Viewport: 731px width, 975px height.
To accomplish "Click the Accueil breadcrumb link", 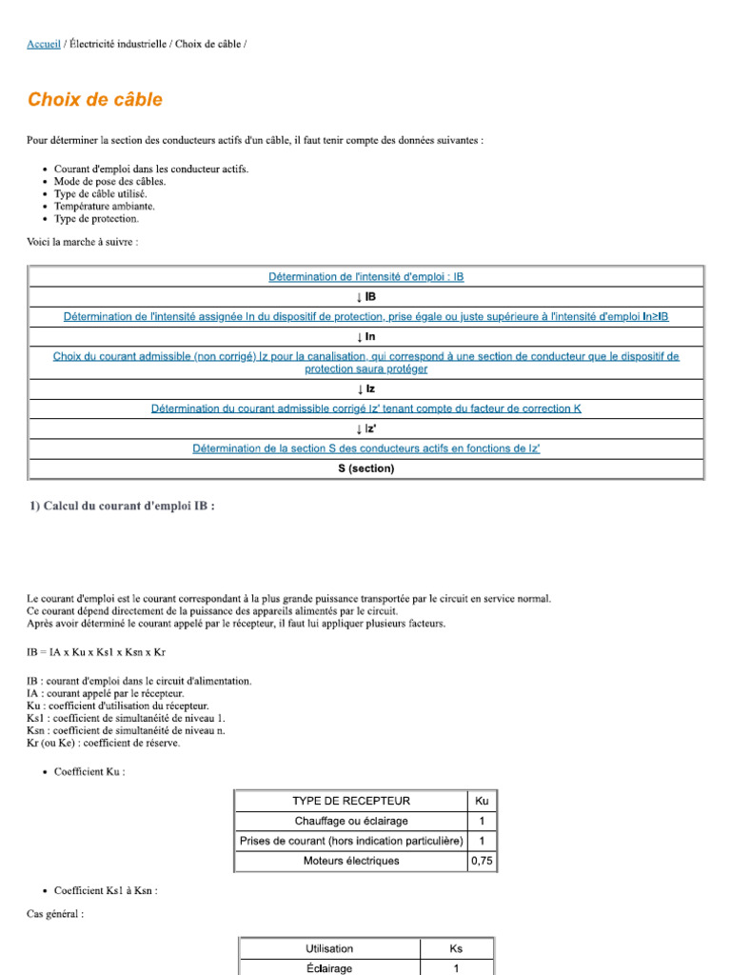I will (44, 44).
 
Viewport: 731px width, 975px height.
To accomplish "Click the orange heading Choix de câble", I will (94, 100).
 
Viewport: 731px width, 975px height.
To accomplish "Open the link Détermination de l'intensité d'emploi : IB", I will (365, 277).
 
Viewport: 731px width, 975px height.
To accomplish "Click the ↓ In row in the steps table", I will (365, 336).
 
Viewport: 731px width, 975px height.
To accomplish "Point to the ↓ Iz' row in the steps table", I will (365, 428).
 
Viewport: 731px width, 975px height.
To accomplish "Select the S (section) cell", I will (365, 468).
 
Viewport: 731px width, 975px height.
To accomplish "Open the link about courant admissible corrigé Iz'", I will (365, 408).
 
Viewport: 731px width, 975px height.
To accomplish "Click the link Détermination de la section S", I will (365, 448).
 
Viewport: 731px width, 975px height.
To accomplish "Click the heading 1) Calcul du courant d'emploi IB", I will (122, 507).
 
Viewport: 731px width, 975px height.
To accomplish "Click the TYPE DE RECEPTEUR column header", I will (351, 801).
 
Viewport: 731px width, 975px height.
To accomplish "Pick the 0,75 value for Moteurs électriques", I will (482, 861).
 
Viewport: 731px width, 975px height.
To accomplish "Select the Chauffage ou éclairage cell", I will (351, 821).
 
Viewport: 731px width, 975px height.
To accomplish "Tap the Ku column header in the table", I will (482, 801).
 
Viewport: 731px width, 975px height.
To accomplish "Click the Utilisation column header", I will (329, 948).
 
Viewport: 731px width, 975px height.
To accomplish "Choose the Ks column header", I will (456, 948).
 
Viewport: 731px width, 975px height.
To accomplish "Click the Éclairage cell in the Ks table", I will (329, 967).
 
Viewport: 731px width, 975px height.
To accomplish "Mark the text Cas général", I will (54, 914).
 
